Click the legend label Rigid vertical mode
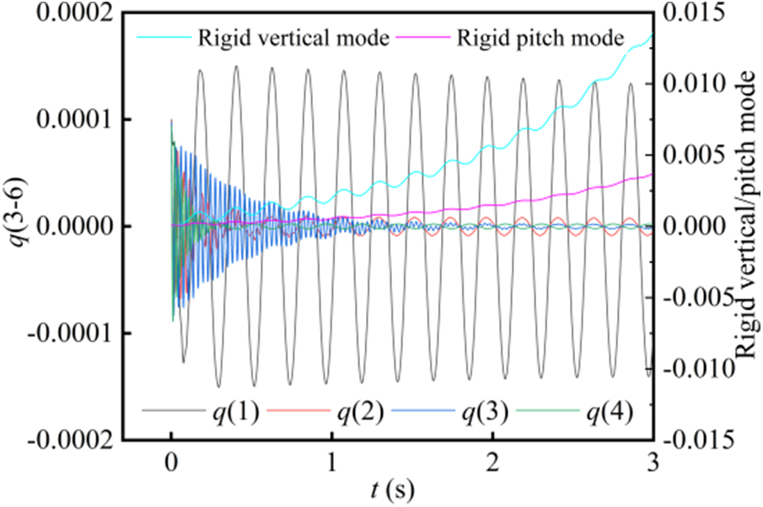click(x=293, y=38)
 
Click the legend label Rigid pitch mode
click(x=540, y=38)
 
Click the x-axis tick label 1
click(x=332, y=462)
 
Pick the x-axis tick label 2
click(x=492, y=462)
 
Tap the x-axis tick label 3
click(x=653, y=462)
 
